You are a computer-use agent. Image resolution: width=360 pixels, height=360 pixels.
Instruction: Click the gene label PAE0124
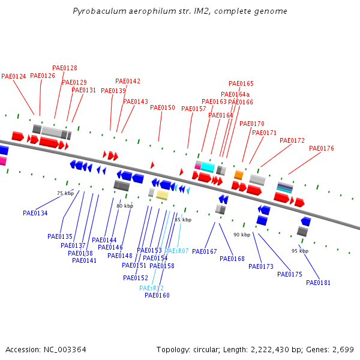pyautogui.click(x=14, y=76)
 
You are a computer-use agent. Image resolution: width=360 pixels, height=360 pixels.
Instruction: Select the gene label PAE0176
pyautogui.click(x=322, y=148)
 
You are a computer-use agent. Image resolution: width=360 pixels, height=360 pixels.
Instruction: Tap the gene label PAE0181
pyautogui.click(x=318, y=283)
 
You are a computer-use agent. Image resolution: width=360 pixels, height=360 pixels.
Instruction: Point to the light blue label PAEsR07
pyautogui.click(x=176, y=250)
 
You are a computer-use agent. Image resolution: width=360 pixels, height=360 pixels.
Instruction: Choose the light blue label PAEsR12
pyautogui.click(x=151, y=288)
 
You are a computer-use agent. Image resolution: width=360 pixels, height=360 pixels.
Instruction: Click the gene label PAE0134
pyautogui.click(x=35, y=213)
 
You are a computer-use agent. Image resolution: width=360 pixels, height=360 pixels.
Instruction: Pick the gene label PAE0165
pyautogui.click(x=241, y=83)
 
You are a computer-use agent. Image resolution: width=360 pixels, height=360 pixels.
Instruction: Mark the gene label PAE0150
pyautogui.click(x=163, y=107)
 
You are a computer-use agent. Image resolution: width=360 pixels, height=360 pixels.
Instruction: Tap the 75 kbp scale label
pyautogui.click(x=65, y=193)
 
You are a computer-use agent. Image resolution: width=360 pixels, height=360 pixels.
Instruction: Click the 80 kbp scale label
pyautogui.click(x=125, y=206)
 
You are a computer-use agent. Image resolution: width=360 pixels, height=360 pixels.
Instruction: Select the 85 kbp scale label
pyautogui.click(x=183, y=220)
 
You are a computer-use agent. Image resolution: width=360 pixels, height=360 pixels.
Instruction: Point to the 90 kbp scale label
pyautogui.click(x=242, y=235)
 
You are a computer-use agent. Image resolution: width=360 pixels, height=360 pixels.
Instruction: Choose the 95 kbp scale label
pyautogui.click(x=300, y=251)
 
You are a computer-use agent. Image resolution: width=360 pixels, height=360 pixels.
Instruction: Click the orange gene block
pyautogui.click(x=238, y=175)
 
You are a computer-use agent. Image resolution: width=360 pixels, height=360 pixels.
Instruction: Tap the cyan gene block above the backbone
pyautogui.click(x=208, y=167)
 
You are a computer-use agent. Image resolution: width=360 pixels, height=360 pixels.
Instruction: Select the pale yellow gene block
pyautogui.click(x=162, y=195)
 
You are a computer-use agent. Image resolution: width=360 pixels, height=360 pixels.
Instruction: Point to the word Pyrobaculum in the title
pyautogui.click(x=95, y=11)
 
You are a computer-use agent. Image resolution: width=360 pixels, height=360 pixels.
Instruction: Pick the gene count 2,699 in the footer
pyautogui.click(x=343, y=349)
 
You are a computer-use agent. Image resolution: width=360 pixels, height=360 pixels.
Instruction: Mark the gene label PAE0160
pyautogui.click(x=157, y=295)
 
